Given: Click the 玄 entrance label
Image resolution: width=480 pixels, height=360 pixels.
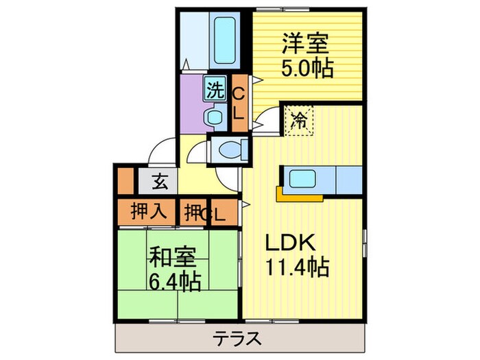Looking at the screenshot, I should coord(159,182).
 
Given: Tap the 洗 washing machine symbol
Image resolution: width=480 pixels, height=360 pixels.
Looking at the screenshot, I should coord(215,88).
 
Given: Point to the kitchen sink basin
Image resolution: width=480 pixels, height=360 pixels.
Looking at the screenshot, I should coord(302,179).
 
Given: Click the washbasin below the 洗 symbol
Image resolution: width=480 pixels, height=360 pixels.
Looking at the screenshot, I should coord(215,117).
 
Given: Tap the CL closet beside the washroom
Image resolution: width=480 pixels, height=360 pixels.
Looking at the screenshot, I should coord(238,104).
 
